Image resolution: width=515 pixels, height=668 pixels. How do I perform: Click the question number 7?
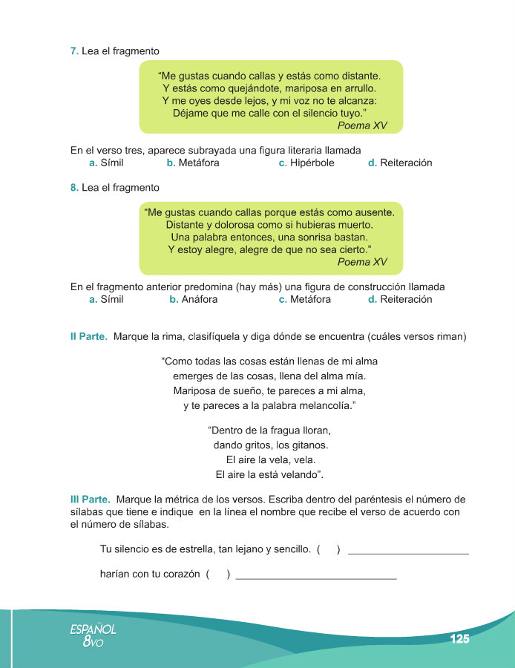[x=74, y=50]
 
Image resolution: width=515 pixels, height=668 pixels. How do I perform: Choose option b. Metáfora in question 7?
[x=193, y=163]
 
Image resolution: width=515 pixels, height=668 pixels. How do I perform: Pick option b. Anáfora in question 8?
[x=193, y=300]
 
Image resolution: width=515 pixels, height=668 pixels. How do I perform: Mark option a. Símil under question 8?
[x=106, y=300]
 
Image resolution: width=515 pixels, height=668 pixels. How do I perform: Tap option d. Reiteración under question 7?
[x=400, y=163]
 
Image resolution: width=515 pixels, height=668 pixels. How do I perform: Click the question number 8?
[x=74, y=188]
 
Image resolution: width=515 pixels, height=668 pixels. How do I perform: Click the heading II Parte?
[x=88, y=337]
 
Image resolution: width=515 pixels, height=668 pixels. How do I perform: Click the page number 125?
[x=459, y=638]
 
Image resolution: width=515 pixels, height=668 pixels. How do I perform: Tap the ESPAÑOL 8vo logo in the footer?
[x=94, y=635]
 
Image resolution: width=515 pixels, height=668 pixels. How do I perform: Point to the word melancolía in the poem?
[x=319, y=406]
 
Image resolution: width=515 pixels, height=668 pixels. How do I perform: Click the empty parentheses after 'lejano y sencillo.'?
[x=328, y=550]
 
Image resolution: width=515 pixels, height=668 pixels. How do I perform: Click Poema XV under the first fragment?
[x=362, y=125]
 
